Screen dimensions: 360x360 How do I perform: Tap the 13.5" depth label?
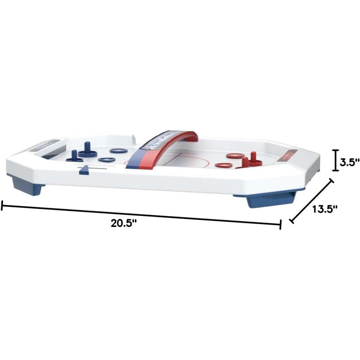click(x=325, y=209)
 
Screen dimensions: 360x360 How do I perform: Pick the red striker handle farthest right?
click(x=253, y=158)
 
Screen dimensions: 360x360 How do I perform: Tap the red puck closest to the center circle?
click(x=224, y=165)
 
